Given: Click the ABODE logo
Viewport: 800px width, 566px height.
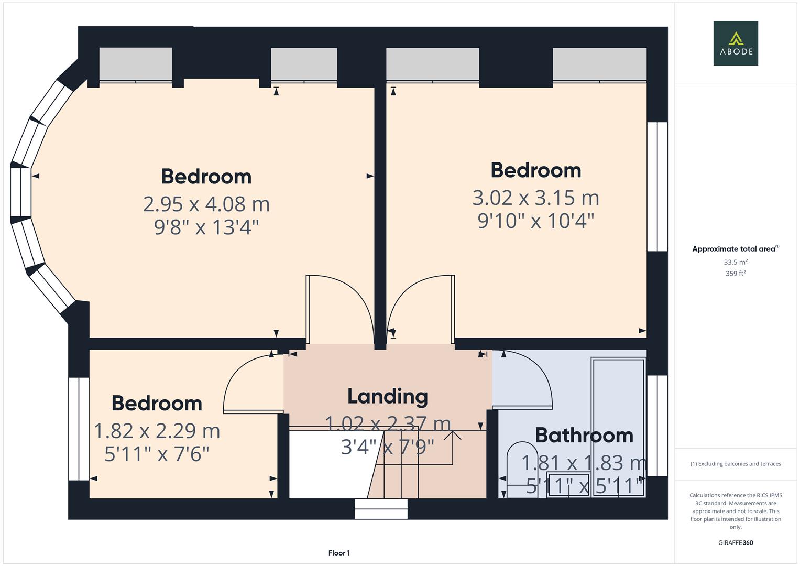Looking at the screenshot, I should (x=735, y=43).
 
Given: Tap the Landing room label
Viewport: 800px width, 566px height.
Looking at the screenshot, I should (x=387, y=396).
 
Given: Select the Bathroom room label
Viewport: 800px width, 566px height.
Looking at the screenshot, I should (x=584, y=435).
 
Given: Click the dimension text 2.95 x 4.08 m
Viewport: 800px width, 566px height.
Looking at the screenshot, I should (x=206, y=204).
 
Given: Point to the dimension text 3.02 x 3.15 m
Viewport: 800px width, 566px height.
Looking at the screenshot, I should (x=535, y=198).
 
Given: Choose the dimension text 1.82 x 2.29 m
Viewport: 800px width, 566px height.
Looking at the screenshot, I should (x=157, y=431).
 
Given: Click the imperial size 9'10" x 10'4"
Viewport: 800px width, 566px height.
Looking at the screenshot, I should (x=535, y=221).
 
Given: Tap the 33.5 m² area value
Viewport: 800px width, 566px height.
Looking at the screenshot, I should (x=735, y=262).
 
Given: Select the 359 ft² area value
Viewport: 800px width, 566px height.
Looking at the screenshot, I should (x=735, y=274).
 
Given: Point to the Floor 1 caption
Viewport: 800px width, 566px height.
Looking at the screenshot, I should (x=339, y=553).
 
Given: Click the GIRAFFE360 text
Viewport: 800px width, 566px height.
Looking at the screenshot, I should (x=735, y=543).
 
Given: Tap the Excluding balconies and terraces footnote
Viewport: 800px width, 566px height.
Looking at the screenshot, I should (x=735, y=464).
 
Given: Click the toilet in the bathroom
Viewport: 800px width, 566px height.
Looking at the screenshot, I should (x=521, y=468).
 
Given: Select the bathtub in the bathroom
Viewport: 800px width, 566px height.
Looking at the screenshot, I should (x=618, y=427).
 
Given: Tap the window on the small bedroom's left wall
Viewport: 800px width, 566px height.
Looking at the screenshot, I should (x=79, y=429).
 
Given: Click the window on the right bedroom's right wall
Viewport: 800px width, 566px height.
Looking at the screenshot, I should (x=657, y=187).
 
